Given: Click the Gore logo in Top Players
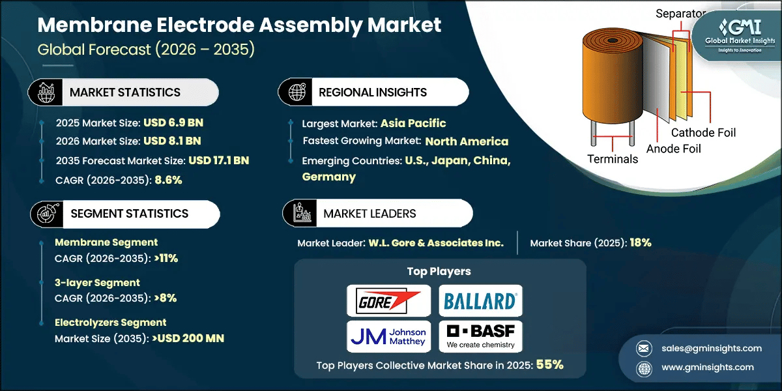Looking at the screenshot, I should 389,301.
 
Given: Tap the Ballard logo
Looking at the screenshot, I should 480,301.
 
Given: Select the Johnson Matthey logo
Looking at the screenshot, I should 389,336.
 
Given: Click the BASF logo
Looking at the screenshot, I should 480,336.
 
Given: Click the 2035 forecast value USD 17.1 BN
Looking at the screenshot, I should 219,160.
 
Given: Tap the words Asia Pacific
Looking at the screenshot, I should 413,123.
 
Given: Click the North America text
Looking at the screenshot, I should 467,141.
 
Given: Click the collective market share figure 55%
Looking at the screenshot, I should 549,366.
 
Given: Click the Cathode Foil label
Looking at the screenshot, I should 703,132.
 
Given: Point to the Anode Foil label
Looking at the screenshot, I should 674,149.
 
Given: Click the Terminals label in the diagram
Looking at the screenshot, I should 613,159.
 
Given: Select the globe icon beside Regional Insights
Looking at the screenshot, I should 297,92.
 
